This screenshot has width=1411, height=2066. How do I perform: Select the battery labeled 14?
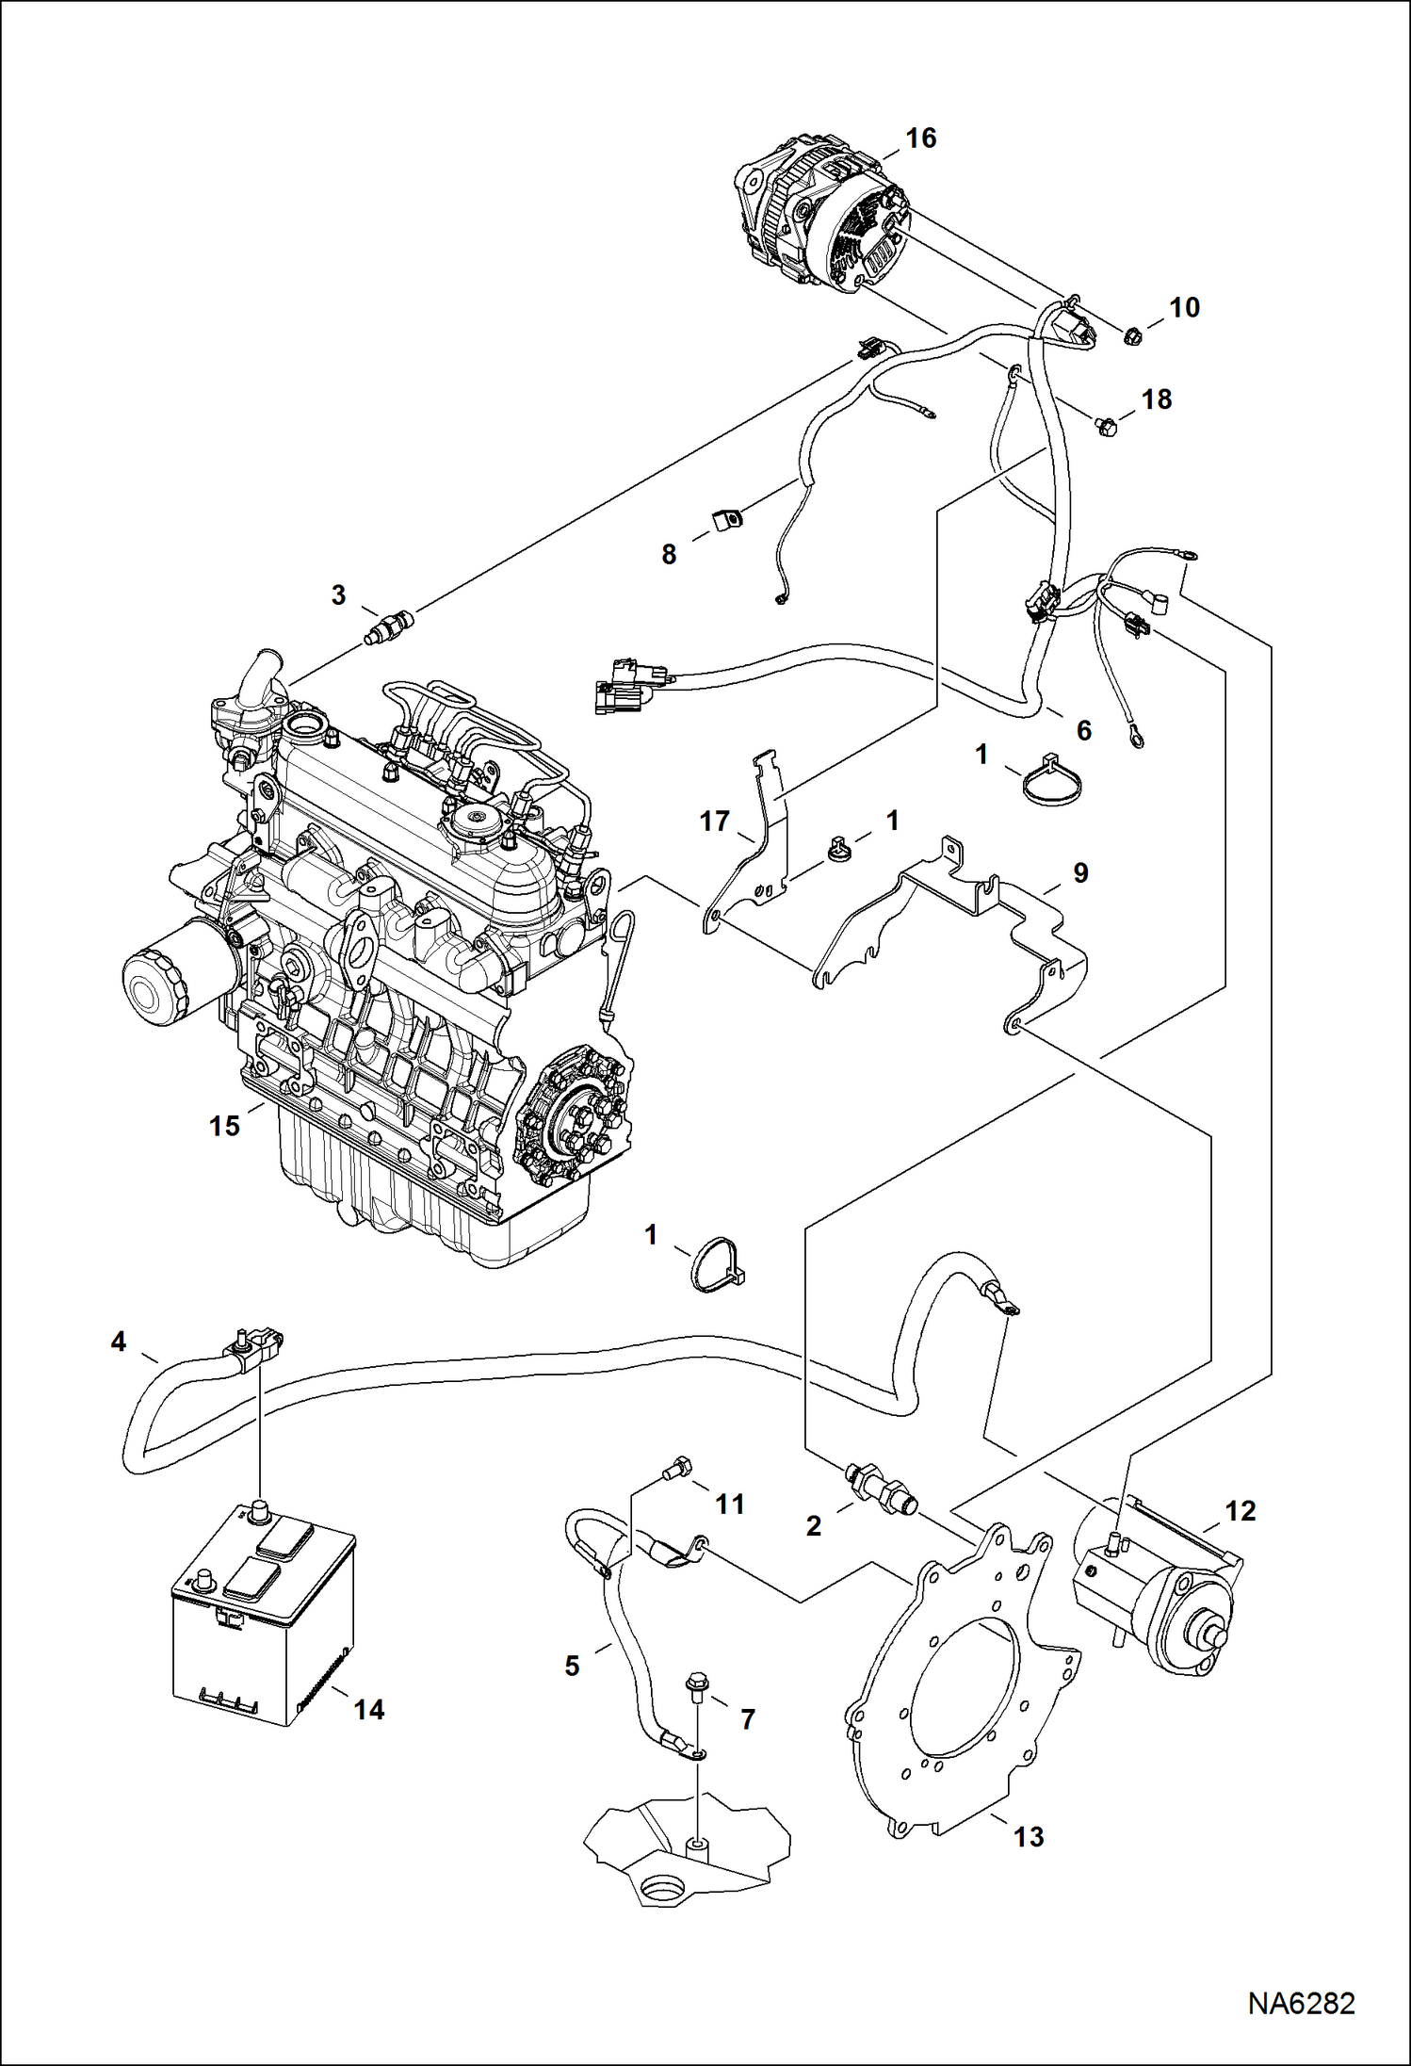pos(262,1620)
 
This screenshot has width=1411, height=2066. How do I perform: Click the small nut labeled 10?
pos(1134,333)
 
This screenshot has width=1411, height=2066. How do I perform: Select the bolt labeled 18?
pos(1106,426)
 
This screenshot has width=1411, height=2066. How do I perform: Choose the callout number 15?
pos(224,1126)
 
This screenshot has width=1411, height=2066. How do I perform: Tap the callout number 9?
pos(1080,872)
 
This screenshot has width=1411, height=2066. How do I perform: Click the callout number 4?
pos(118,1341)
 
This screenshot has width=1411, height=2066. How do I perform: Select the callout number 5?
pos(572,1666)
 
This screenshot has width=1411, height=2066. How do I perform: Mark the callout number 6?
pos(1083,730)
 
